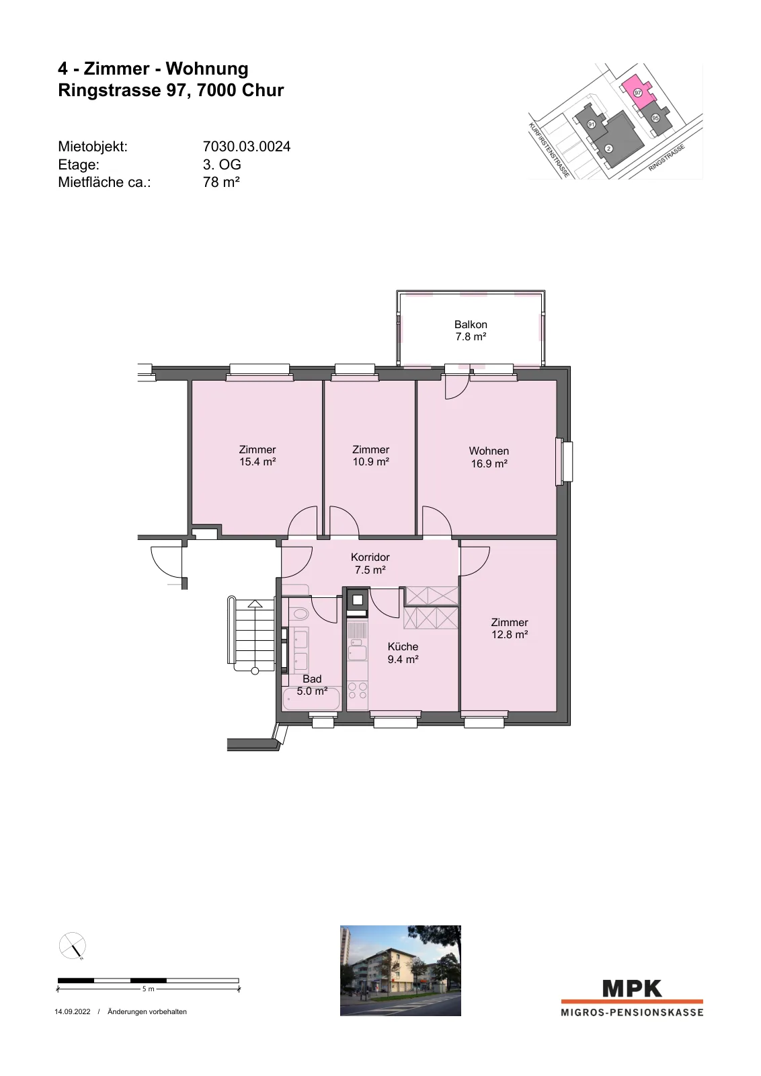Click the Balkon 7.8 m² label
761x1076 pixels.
(471, 330)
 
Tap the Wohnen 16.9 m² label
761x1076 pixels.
(489, 457)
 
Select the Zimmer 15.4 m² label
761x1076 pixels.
(257, 455)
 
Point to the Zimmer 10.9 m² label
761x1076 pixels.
(370, 455)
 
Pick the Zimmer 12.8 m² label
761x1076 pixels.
(510, 628)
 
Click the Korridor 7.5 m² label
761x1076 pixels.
(370, 564)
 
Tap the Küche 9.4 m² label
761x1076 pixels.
(403, 653)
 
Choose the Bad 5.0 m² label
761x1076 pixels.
(312, 685)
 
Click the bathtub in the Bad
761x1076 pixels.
(312, 699)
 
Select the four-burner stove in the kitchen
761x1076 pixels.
(357, 690)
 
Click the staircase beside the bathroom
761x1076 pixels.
(251, 635)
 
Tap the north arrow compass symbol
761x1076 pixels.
(72, 946)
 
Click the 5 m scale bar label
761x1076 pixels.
(148, 989)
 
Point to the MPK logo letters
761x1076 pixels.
(632, 989)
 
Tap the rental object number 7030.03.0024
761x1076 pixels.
(246, 146)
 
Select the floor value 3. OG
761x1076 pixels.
(222, 164)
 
